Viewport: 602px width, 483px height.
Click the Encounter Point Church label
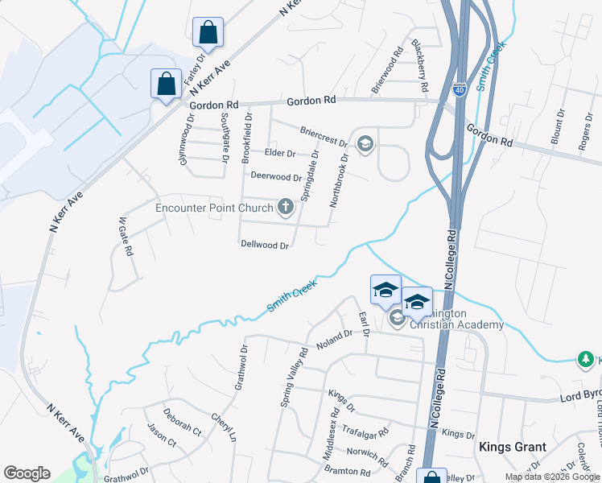(215, 208)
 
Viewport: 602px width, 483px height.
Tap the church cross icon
(285, 208)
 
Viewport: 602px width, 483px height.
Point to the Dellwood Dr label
(264, 245)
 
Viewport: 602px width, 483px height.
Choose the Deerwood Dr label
(275, 176)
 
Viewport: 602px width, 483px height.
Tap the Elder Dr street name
(280, 153)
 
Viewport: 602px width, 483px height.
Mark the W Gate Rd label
(125, 236)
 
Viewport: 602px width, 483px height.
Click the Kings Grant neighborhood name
(513, 447)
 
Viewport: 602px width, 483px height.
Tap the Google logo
(27, 473)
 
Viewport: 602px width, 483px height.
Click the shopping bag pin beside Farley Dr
(208, 33)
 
